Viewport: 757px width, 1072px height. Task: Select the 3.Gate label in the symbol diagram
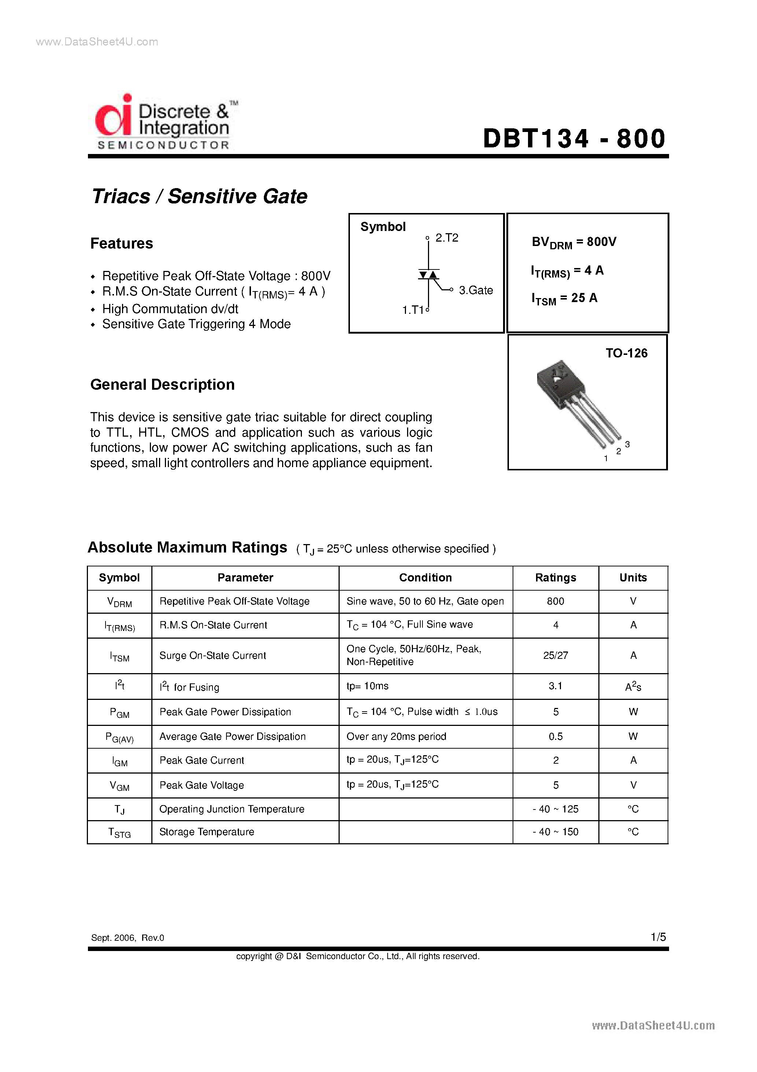475,290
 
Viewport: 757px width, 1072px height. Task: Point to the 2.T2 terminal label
446,238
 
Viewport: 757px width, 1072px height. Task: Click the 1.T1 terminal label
413,310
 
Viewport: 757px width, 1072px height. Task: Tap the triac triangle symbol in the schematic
428,275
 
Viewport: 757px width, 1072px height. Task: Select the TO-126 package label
626,353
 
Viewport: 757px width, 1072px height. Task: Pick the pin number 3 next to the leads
627,444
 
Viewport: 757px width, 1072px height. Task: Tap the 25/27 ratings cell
555,656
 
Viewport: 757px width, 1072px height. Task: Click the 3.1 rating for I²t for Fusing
555,686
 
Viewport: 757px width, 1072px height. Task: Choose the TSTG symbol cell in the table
119,833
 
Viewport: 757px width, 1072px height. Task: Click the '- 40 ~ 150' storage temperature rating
555,832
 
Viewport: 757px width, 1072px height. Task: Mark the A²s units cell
633,687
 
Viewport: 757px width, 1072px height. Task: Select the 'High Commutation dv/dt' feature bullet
170,309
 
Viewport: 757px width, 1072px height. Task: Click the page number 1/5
658,937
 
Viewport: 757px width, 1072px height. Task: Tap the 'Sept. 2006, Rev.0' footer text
128,938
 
